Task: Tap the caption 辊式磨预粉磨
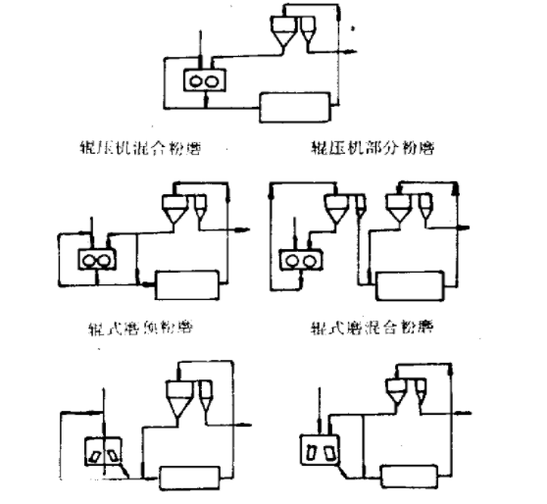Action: pyautogui.click(x=137, y=327)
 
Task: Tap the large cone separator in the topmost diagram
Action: pyautogui.click(x=283, y=36)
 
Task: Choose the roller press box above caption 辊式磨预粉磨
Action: pyautogui.click(x=96, y=260)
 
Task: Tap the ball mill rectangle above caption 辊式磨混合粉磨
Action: pyautogui.click(x=411, y=286)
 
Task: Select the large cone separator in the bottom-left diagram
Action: pyautogui.click(x=178, y=396)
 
